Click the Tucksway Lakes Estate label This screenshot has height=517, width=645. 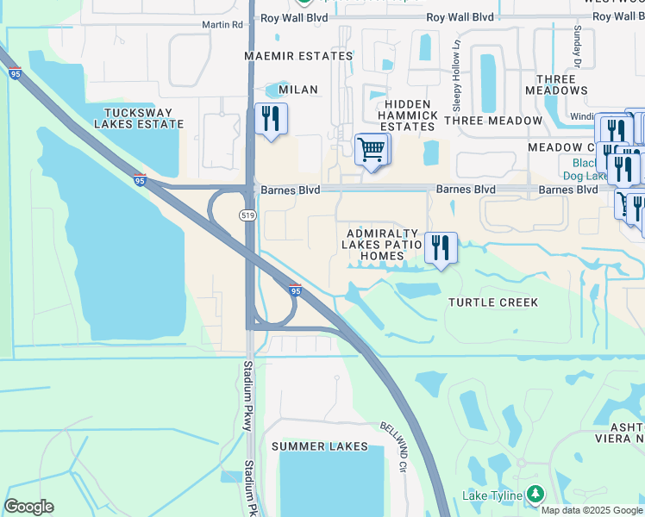(x=144, y=118)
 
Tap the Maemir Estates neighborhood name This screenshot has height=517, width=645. (x=298, y=56)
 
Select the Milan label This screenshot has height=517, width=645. (x=298, y=90)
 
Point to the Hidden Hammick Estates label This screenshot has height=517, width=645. (x=408, y=115)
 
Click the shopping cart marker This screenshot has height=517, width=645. (x=372, y=149)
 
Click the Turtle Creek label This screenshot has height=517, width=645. (x=493, y=302)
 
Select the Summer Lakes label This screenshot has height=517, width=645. (x=319, y=446)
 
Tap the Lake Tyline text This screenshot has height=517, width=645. (x=492, y=495)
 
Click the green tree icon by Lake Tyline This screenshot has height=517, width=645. (x=535, y=494)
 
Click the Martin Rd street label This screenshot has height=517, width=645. (x=222, y=25)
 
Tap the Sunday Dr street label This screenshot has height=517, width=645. (x=578, y=47)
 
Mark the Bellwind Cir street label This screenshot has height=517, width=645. (x=394, y=446)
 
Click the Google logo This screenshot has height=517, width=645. (x=28, y=507)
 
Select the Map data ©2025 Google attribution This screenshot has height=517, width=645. (x=592, y=510)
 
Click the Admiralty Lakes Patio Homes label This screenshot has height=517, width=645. (x=383, y=245)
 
